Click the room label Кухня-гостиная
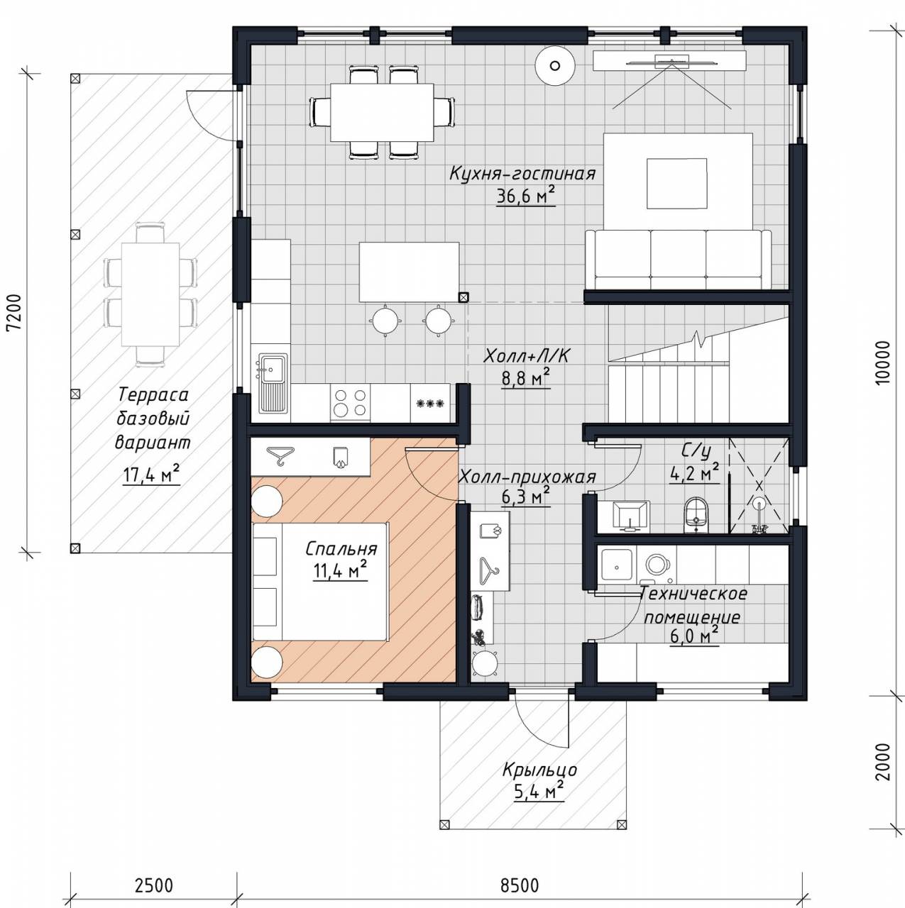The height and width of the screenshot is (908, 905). coord(522,174)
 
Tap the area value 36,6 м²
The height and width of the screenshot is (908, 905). coord(525,196)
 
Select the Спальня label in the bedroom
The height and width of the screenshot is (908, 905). coord(341,550)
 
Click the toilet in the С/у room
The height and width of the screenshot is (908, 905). coord(696,514)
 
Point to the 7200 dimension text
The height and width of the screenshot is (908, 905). coord(15,314)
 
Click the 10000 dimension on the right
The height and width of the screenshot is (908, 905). coord(884,362)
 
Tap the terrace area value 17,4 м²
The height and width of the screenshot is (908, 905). coord(151,475)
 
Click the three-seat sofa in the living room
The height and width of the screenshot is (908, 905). coord(679,259)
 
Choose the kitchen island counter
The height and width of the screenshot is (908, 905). coord(409,272)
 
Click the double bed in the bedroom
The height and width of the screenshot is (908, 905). coord(319,581)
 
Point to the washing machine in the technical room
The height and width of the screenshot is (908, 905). coord(656,563)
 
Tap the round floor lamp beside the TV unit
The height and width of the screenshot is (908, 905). coord(555,66)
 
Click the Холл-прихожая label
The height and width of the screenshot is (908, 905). coord(527,477)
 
